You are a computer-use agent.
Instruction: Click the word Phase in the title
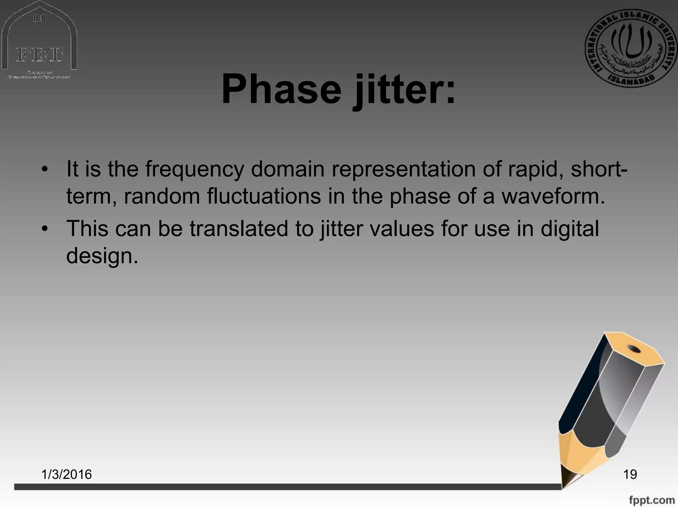pyautogui.click(x=281, y=89)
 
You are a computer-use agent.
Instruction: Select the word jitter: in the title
pyautogui.click(x=404, y=90)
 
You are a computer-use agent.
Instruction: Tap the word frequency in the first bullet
pyautogui.click(x=194, y=169)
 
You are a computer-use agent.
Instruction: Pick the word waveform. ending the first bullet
pyautogui.click(x=553, y=196)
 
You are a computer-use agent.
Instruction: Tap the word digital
pyautogui.click(x=569, y=229)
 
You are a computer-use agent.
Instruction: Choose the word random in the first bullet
pyautogui.click(x=162, y=196)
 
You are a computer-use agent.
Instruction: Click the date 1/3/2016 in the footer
pyautogui.click(x=67, y=474)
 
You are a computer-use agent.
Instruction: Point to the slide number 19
pyautogui.click(x=630, y=474)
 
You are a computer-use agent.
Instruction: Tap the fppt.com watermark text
pyautogui.click(x=652, y=500)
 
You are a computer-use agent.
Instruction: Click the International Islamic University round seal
pyautogui.click(x=631, y=48)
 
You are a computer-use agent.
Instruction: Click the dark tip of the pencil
pyautogui.click(x=567, y=478)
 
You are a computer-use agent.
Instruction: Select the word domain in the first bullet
pyautogui.click(x=287, y=169)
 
